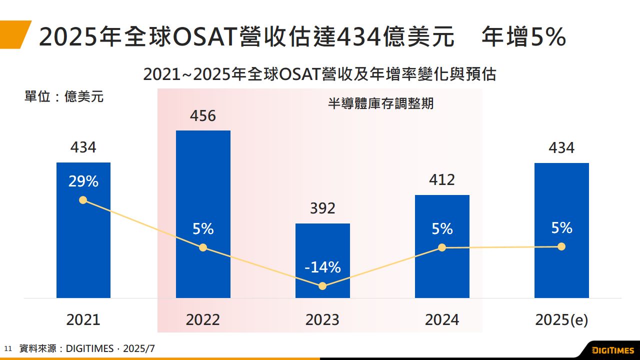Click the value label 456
tap(203, 116)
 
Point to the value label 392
tap(322, 208)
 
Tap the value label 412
tap(442, 180)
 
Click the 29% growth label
tap(83, 181)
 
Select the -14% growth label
tap(322, 267)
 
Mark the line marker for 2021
tap(83, 200)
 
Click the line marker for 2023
tap(322, 286)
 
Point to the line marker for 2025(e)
tap(561, 246)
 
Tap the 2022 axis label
tap(203, 320)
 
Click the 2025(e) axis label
tap(561, 320)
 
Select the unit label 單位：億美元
tap(64, 96)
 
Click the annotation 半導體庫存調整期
tap(380, 104)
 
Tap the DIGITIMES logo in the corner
tap(612, 350)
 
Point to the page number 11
tap(7, 348)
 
